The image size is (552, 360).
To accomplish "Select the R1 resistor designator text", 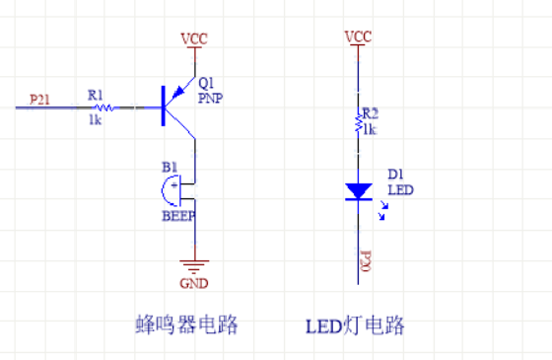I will pyautogui.click(x=95, y=95).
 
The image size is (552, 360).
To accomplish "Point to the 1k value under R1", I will pyautogui.click(x=96, y=119).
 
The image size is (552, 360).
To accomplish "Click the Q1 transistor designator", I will pyautogui.click(x=206, y=82).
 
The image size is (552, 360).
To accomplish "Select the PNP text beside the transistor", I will pyautogui.click(x=210, y=99).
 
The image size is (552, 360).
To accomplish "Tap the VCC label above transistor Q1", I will pyautogui.click(x=193, y=39).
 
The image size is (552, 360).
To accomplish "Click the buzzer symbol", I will pyautogui.click(x=177, y=188).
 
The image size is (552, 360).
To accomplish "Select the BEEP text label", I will pyautogui.click(x=178, y=215).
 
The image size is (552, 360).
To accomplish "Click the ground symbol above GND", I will pyautogui.click(x=194, y=263).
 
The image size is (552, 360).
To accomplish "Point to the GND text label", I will pyautogui.click(x=194, y=283).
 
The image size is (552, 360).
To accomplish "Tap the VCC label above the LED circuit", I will pyautogui.click(x=358, y=37).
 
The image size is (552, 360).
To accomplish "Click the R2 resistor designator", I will pyautogui.click(x=370, y=113).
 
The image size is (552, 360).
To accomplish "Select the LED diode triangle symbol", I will pyautogui.click(x=358, y=190).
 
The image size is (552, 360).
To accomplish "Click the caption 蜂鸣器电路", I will pyautogui.click(x=187, y=325).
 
